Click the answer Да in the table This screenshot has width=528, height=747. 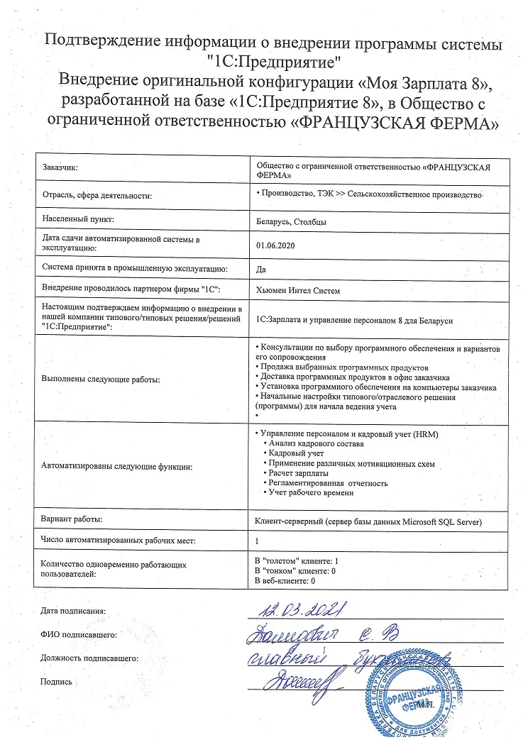tap(260, 269)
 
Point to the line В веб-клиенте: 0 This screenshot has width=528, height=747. tap(285, 581)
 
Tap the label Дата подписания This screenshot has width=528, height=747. tap(73, 610)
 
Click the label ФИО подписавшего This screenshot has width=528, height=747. tap(78, 635)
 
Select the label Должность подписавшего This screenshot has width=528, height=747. tap(89, 658)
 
